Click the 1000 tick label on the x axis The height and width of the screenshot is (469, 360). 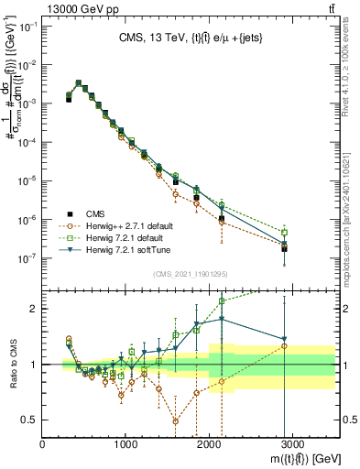click(x=125, y=444)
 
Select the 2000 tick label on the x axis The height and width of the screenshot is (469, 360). click(x=209, y=444)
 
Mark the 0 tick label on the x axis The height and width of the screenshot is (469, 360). click(x=43, y=444)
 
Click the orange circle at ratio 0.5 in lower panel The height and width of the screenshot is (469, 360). click(x=176, y=421)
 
